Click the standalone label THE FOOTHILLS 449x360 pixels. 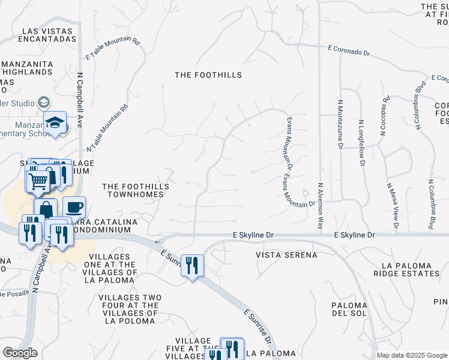coord(208,75)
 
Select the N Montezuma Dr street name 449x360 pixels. coord(340,124)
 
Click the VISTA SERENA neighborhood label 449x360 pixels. coord(286,255)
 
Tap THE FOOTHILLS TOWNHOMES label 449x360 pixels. coord(136,190)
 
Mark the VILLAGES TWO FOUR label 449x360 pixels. coord(128,305)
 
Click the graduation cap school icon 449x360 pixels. coord(56,122)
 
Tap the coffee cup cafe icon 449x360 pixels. coord(74,208)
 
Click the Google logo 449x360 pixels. coord(20,353)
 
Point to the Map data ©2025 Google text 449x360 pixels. coord(411,355)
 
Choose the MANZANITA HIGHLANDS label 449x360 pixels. coord(26,68)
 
